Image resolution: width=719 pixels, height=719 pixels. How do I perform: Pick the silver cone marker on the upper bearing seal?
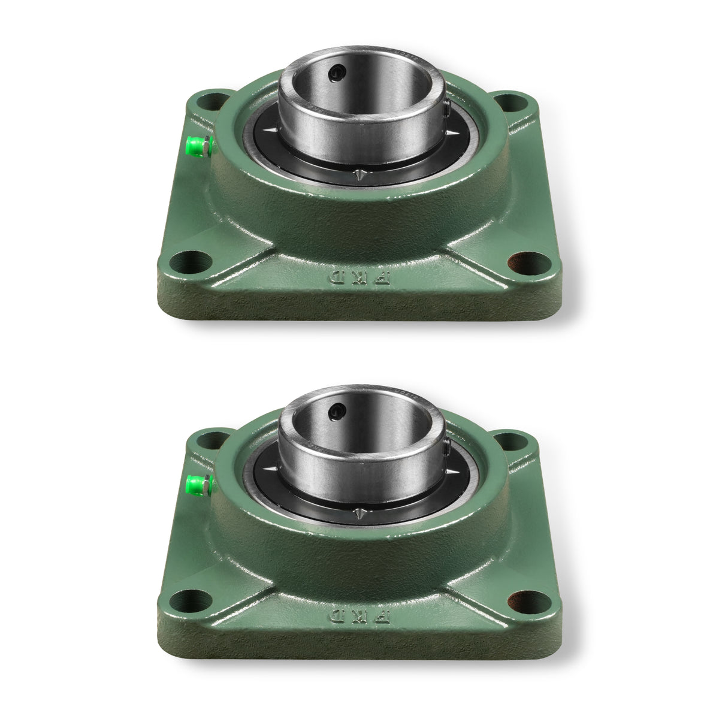point(359,175)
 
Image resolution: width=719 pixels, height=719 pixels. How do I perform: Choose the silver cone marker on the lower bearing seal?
point(359,512)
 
